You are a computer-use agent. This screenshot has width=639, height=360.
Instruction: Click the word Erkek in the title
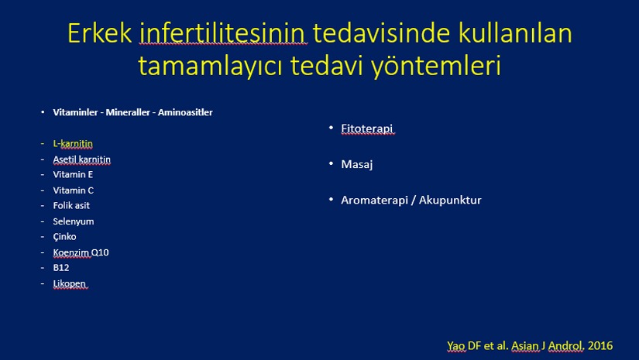[99, 33]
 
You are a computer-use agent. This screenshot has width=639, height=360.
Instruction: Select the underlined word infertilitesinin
[223, 33]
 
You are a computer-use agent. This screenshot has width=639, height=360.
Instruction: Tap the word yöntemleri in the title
[435, 67]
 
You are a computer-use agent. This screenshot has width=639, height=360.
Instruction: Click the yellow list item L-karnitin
[73, 143]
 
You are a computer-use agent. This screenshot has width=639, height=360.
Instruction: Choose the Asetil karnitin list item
[81, 159]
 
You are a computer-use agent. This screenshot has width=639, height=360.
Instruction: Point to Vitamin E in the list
[73, 174]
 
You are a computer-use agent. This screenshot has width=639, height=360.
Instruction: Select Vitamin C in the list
[74, 190]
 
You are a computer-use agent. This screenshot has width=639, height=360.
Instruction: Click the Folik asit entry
[71, 205]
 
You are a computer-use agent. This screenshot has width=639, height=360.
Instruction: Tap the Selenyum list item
[74, 221]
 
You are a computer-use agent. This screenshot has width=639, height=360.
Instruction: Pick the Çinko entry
[64, 237]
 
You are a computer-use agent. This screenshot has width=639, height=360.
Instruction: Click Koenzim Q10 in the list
[81, 252]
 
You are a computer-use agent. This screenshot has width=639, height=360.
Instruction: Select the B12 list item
[61, 268]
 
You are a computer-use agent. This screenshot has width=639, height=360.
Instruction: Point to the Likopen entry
[69, 283]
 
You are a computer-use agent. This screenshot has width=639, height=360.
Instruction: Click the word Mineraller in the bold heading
[128, 112]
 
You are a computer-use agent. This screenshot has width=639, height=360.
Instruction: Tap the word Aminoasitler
[185, 112]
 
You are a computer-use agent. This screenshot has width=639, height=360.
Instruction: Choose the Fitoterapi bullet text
[367, 129]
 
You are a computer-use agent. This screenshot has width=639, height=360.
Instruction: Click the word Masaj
[356, 165]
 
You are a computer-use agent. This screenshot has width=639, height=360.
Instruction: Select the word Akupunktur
[450, 200]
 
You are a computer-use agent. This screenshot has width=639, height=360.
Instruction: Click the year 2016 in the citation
[599, 346]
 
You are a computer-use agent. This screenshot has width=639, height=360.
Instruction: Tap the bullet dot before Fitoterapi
[331, 128]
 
